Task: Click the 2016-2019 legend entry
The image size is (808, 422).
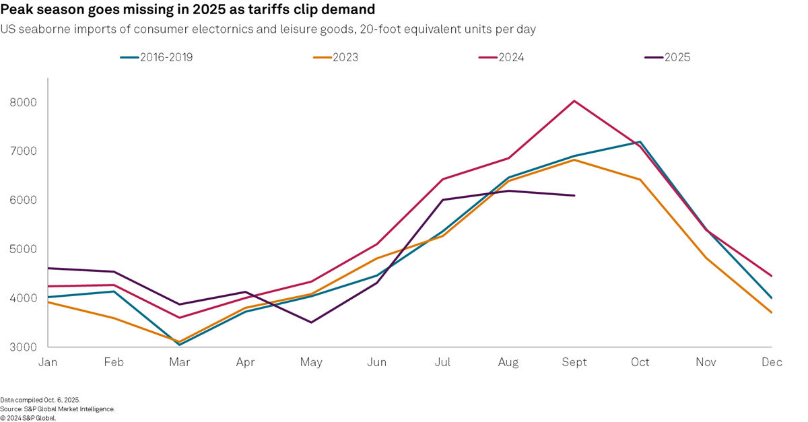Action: (x=156, y=57)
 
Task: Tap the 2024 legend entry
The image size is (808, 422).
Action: (x=502, y=57)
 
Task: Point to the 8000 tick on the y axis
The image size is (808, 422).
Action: (x=23, y=103)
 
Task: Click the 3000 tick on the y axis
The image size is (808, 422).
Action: (x=23, y=347)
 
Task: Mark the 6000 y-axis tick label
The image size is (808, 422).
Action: (x=23, y=201)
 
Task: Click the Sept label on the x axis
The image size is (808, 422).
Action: (x=574, y=363)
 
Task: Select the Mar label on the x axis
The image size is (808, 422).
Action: (x=179, y=363)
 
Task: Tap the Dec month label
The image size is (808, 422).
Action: (x=772, y=363)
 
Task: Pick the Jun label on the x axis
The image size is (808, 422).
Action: (x=376, y=363)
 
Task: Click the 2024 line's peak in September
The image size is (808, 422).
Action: (x=574, y=101)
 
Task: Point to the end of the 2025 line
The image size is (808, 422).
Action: (x=574, y=196)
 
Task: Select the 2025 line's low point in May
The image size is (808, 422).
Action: (x=310, y=322)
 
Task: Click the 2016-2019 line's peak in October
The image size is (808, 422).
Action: (x=640, y=142)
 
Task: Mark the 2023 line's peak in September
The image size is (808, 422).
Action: (x=574, y=160)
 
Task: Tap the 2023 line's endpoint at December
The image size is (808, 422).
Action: (x=772, y=312)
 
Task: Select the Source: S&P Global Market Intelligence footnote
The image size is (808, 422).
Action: (x=57, y=409)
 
